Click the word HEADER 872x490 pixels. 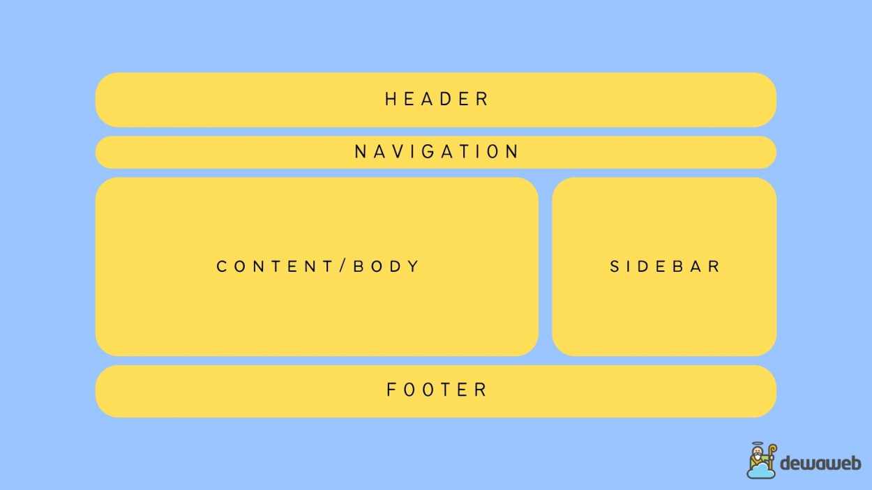436,99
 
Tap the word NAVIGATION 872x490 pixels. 437,151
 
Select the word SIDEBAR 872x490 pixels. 665,266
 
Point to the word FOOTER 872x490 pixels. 436,389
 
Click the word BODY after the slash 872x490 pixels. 386,266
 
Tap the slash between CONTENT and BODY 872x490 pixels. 343,266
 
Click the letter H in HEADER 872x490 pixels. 391,99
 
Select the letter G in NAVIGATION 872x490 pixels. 428,151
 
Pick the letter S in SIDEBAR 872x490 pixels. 615,266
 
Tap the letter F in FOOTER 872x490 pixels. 391,389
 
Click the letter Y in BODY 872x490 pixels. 414,266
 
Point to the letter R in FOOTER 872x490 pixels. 481,389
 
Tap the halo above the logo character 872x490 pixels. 757,444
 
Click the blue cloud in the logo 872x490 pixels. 760,471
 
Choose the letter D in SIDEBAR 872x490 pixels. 642,266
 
